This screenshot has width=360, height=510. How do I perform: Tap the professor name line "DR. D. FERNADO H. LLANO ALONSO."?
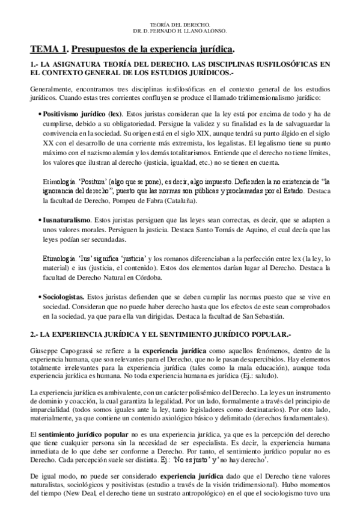(180, 30)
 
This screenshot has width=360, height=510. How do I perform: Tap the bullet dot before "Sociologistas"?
(40, 297)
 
